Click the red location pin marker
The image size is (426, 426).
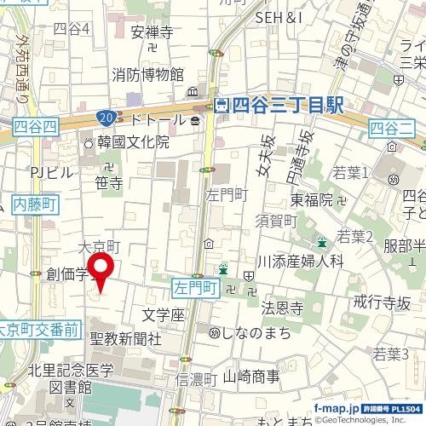[x=102, y=270]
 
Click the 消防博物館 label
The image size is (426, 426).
[x=147, y=75]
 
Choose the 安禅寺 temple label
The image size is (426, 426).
[x=152, y=33]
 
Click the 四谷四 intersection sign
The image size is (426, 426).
[x=36, y=127]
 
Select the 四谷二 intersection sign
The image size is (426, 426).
[x=391, y=128]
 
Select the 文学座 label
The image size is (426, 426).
[x=163, y=315]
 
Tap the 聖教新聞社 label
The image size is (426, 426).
[x=125, y=338]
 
